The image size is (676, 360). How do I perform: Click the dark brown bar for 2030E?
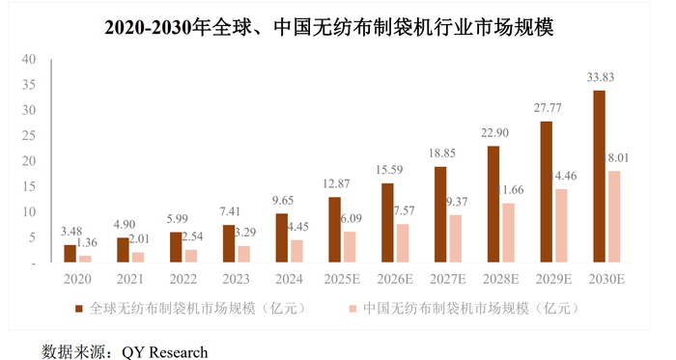[599, 176]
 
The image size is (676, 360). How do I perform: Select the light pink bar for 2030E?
[614, 216]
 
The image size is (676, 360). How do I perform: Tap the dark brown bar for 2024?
[282, 237]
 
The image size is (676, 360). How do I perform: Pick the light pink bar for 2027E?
[455, 238]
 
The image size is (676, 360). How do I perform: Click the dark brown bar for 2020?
[70, 254]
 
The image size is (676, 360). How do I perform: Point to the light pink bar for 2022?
[191, 256]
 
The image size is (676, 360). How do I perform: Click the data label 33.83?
[600, 77]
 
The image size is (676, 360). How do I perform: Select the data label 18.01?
[616, 158]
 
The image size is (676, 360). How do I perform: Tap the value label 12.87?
[336, 184]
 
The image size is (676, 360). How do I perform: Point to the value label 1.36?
[87, 243]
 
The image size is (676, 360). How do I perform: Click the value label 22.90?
[494, 133]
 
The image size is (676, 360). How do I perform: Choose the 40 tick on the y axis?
[29, 59]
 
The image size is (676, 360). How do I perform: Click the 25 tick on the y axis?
[29, 136]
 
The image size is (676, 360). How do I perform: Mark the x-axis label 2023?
[236, 280]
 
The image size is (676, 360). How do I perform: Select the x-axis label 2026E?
[394, 280]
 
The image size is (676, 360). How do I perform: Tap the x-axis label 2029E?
[553, 280]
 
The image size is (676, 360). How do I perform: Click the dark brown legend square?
[78, 309]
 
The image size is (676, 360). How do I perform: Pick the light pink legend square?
[353, 309]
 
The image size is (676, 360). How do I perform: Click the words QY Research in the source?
[165, 352]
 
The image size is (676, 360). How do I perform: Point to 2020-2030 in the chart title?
[148, 28]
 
